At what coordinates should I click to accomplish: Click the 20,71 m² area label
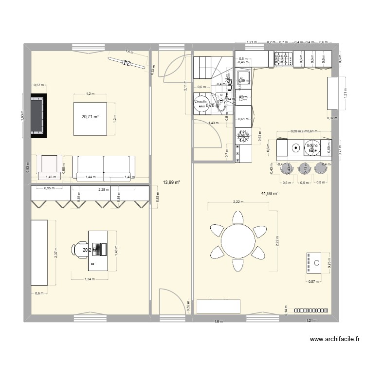coord(90,117)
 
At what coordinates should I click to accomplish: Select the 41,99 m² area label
coord(270,194)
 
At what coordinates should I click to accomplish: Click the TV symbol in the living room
coord(127,63)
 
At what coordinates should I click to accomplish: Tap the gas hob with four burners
coord(283,59)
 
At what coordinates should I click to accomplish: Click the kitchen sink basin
coord(243,77)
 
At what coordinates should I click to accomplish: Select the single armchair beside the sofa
coord(50,167)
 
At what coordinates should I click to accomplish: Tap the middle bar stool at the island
coord(305,168)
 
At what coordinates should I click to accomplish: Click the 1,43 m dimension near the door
coord(213,123)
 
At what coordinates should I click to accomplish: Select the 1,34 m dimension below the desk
coord(89,279)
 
